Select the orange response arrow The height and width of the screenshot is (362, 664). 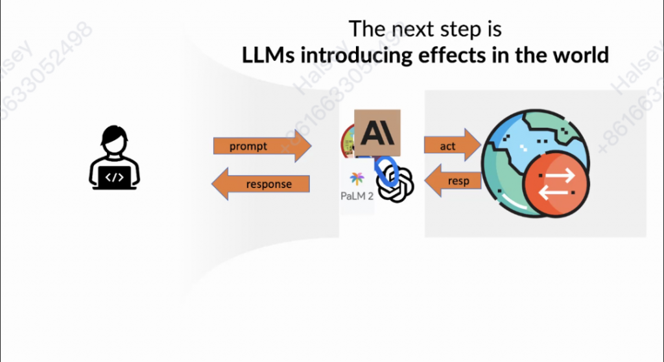coord(262,184)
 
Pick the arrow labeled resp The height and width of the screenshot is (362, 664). coord(453,180)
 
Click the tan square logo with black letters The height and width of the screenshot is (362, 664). coord(377,132)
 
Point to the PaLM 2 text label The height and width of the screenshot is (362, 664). coord(357,195)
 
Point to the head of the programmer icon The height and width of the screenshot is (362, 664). coord(114,139)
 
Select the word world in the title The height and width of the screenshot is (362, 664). coord(580,54)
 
